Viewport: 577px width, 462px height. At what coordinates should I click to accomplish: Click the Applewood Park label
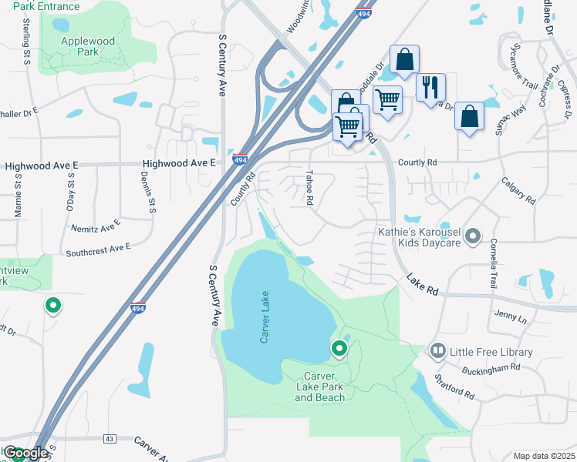pos(89,46)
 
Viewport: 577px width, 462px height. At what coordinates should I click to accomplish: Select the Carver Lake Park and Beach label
pos(320,387)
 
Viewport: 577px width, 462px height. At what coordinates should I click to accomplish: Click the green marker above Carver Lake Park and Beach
pos(339,350)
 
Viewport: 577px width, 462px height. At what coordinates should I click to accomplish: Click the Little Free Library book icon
pos(438,352)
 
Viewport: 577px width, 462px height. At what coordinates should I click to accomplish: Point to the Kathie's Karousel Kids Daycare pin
pos(474,236)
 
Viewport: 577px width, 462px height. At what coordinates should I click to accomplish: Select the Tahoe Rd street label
pos(309,187)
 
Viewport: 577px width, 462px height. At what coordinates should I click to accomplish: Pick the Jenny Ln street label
pos(511,316)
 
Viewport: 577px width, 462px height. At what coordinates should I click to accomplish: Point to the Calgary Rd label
pos(518,189)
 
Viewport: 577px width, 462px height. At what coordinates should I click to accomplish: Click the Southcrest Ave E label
pos(99,249)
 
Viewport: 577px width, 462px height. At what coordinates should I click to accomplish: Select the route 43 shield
pos(109,439)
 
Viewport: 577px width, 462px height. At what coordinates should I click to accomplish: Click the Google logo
pos(25,453)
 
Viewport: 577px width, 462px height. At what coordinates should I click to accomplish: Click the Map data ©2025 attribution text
pos(543,456)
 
